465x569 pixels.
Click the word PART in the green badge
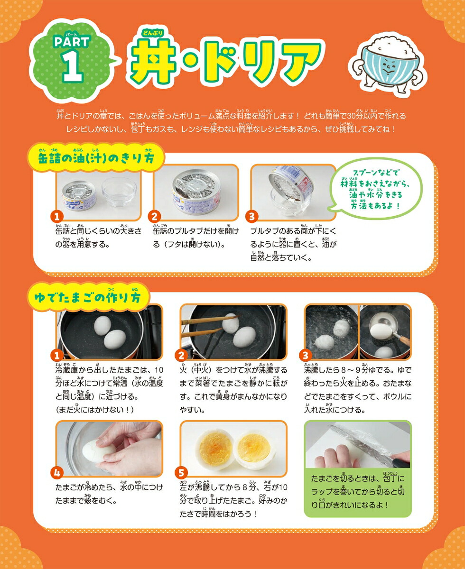tap(72, 42)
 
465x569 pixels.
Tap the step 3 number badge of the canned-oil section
tap(251, 217)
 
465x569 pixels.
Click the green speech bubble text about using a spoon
tap(375, 189)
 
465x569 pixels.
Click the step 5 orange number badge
tap(181, 472)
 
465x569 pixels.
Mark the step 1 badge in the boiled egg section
tap(57, 355)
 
